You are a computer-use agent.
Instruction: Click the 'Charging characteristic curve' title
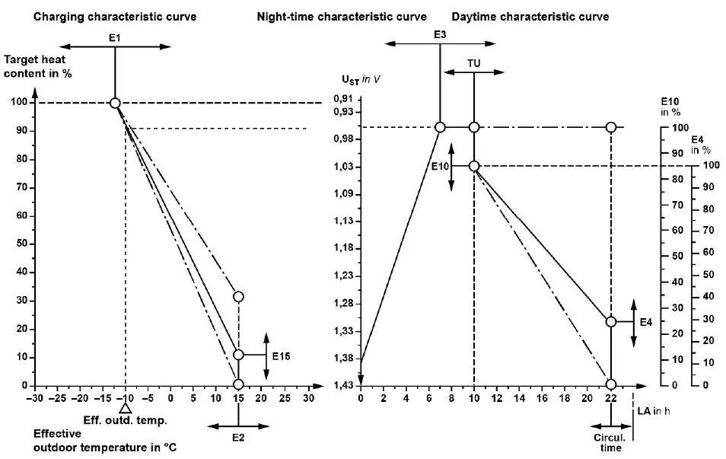pos(114,16)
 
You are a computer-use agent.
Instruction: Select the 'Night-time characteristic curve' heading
pos(342,16)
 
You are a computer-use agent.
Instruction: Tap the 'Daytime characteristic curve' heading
pos(530,16)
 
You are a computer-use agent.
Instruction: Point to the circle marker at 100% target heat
pos(115,103)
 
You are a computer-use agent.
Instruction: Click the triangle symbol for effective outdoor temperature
pos(126,409)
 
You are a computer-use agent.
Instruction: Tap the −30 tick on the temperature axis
pos(33,397)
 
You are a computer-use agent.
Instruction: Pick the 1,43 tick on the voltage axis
pos(342,386)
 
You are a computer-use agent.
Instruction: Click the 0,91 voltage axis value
pos(342,99)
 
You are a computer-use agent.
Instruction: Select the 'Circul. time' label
pos(610,442)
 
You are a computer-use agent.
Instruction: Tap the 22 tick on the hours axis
pos(610,397)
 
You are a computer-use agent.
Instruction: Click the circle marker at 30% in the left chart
pos(239,296)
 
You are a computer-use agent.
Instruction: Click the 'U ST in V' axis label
pos(361,78)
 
